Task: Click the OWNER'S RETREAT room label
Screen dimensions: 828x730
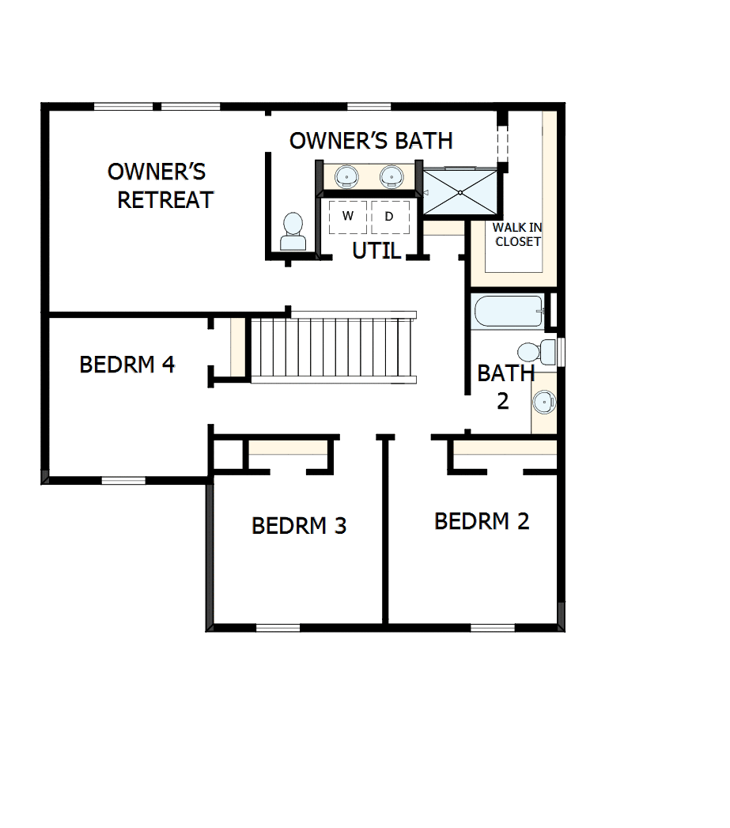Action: tap(161, 186)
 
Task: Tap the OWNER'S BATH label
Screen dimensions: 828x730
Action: tap(371, 141)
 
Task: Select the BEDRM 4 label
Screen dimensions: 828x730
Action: tap(127, 365)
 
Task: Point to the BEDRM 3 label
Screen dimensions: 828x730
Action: tap(299, 525)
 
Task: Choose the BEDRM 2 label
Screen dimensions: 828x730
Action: tap(482, 521)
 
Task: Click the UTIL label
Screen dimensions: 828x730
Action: tap(376, 251)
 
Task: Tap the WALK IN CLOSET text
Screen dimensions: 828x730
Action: tap(518, 235)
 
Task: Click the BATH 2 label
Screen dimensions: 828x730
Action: tap(505, 386)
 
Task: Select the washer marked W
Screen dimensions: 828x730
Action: tap(348, 216)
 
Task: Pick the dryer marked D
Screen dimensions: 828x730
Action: tap(389, 216)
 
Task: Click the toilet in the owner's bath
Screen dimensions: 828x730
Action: tap(293, 232)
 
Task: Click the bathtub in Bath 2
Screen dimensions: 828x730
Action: tap(509, 312)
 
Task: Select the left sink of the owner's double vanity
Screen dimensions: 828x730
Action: tap(346, 176)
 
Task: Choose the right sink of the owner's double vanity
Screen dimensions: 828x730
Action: tap(391, 176)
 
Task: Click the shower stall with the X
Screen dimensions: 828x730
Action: tap(460, 192)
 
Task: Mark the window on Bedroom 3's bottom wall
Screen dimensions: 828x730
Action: tap(278, 628)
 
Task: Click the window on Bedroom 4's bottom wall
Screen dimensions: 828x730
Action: tap(123, 480)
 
